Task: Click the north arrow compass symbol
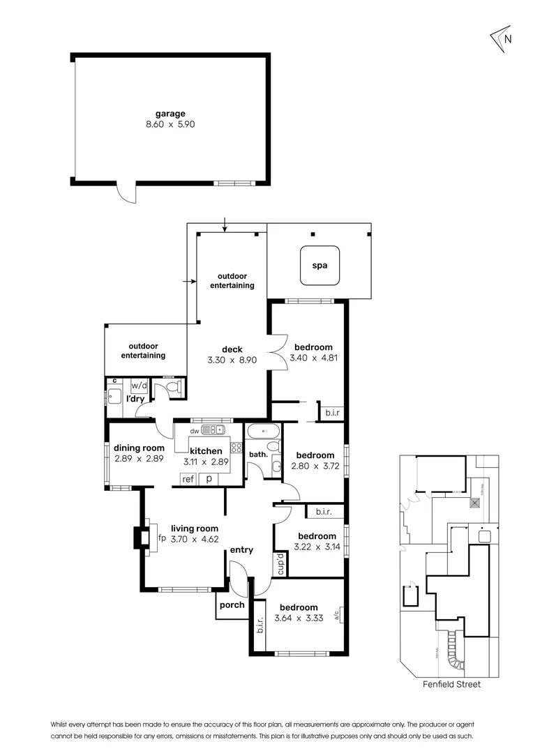502,39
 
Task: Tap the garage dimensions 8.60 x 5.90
170,126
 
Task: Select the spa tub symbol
320,266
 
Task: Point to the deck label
232,349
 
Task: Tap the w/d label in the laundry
140,385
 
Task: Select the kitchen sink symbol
210,430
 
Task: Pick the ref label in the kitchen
188,479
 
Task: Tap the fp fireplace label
161,538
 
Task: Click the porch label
232,604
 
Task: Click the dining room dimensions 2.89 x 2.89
140,459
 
